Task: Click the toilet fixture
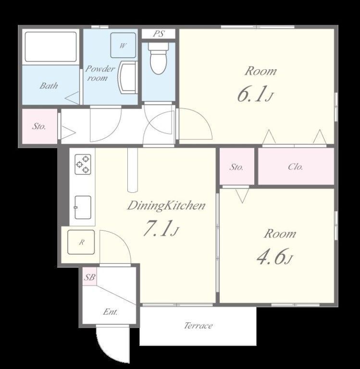[159, 58]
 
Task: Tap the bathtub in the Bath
[50, 47]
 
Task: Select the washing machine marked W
[123, 45]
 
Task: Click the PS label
[159, 34]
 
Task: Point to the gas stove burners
[83, 164]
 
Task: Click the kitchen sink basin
[83, 207]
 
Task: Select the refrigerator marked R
[81, 242]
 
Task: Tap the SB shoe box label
[90, 277]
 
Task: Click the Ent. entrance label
[111, 312]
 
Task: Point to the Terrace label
[198, 325]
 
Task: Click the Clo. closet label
[296, 167]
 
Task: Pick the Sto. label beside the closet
[236, 167]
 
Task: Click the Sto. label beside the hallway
[39, 126]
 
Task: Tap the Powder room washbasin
[128, 77]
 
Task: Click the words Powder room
[100, 73]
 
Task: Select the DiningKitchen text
[166, 206]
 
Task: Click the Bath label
[49, 86]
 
